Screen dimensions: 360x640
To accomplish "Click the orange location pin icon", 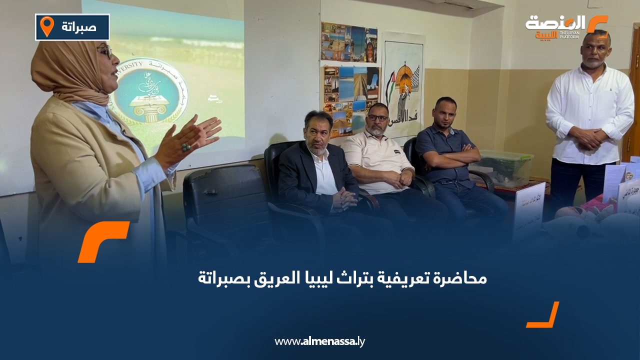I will point(46,26).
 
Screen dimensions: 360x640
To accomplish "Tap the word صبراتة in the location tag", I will point(79,26).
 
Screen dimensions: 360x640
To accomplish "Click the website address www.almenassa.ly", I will point(319,341).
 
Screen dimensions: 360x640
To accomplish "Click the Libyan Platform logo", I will point(566,26).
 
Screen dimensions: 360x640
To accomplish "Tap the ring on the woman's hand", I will point(186,146).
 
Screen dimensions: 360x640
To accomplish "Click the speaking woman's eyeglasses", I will point(105,50).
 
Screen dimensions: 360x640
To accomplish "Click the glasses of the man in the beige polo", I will point(378,118).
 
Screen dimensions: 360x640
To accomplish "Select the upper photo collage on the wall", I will point(349,42).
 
